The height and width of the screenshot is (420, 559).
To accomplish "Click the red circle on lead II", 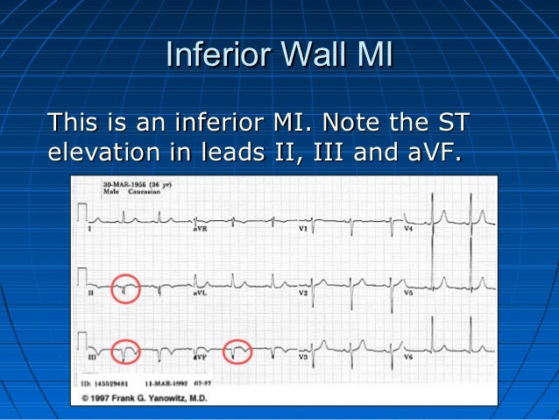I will point(126,288).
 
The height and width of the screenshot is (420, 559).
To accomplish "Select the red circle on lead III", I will point(126,351).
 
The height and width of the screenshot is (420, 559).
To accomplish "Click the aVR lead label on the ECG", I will point(199,229).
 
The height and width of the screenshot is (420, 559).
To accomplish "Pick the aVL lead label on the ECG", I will point(199,293).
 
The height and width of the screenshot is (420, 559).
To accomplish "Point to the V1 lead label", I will point(302,229).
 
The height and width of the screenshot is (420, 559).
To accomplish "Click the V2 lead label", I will point(302,293).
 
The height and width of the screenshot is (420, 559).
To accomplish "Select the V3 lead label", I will point(302,358).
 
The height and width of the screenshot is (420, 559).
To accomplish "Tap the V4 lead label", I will point(408,229).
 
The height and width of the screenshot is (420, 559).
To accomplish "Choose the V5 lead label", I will point(408,293).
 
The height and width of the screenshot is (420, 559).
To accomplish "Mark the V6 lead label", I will point(408,358).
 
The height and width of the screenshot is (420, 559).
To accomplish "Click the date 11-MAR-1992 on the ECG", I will point(165,383).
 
